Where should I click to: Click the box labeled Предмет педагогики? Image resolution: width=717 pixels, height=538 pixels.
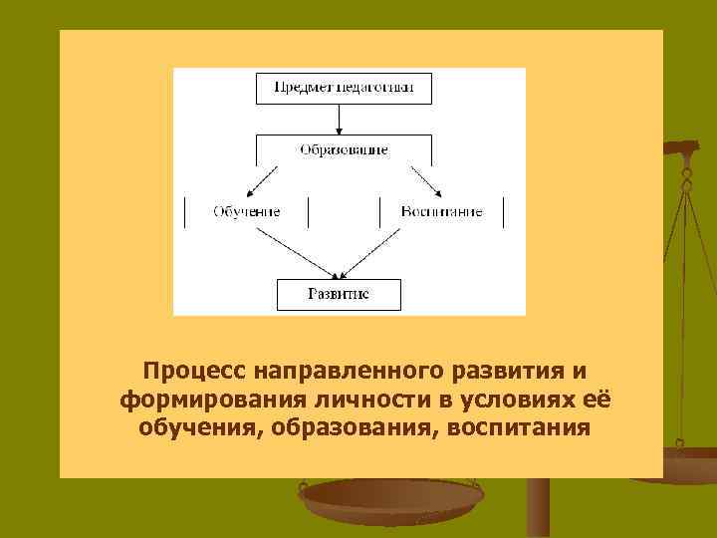[x=339, y=88]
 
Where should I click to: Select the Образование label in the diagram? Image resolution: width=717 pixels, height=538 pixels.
[x=344, y=149]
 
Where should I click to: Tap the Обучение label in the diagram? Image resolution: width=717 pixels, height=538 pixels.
[x=246, y=211]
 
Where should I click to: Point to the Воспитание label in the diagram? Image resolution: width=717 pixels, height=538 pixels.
[x=442, y=211]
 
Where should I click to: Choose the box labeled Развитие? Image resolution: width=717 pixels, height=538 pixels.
[x=339, y=295]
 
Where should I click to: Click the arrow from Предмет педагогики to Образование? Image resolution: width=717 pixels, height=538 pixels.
[x=339, y=119]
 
